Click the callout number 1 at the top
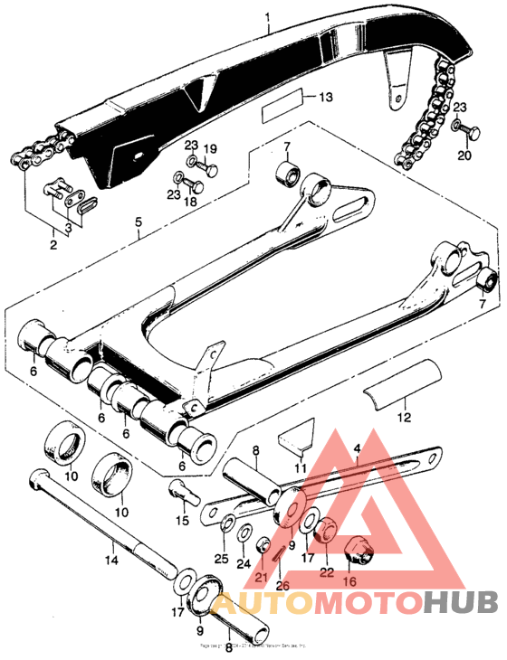click(x=267, y=16)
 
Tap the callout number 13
click(x=326, y=97)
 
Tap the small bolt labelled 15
click(x=180, y=492)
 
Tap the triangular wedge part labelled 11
click(x=296, y=438)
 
